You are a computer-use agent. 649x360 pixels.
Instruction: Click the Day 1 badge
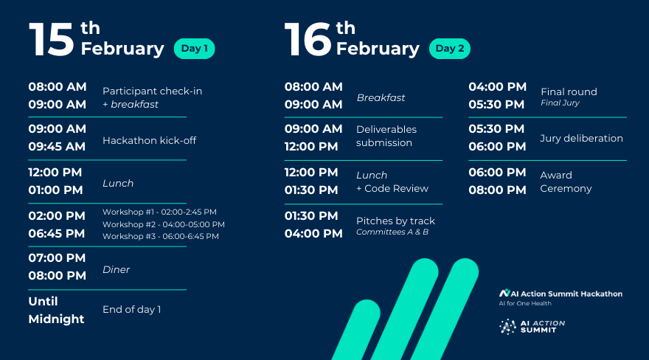194,49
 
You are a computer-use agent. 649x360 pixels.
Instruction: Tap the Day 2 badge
450,49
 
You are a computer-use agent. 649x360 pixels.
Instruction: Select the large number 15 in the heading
52,40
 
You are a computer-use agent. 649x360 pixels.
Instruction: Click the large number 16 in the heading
308,40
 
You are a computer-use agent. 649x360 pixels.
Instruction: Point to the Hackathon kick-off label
149,140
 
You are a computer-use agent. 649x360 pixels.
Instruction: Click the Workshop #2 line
163,224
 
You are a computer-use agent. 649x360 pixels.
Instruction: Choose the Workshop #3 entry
160,236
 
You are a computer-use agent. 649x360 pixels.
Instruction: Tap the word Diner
116,270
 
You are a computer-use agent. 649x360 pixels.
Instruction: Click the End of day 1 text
131,309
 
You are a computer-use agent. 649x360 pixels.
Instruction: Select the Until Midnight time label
56,310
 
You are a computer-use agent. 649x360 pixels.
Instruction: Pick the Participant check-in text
152,91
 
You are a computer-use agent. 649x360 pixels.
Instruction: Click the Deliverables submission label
386,136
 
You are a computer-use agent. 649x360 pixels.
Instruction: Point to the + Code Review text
392,188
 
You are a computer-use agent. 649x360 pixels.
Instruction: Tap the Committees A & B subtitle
392,232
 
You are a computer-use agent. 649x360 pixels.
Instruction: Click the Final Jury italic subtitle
560,103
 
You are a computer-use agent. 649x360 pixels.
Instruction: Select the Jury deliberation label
581,138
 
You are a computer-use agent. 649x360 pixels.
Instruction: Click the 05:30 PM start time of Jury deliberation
497,128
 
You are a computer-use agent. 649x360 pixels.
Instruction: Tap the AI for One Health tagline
524,303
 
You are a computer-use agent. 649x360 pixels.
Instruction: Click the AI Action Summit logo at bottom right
532,325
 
